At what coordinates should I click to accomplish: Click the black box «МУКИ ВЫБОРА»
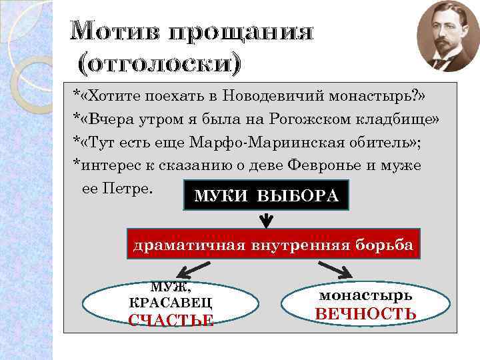[x=265, y=196]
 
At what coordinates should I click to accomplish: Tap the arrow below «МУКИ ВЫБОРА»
[x=266, y=219]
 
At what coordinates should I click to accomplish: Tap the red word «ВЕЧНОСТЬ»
[x=365, y=314]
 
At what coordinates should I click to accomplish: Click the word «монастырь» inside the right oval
[x=365, y=295]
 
